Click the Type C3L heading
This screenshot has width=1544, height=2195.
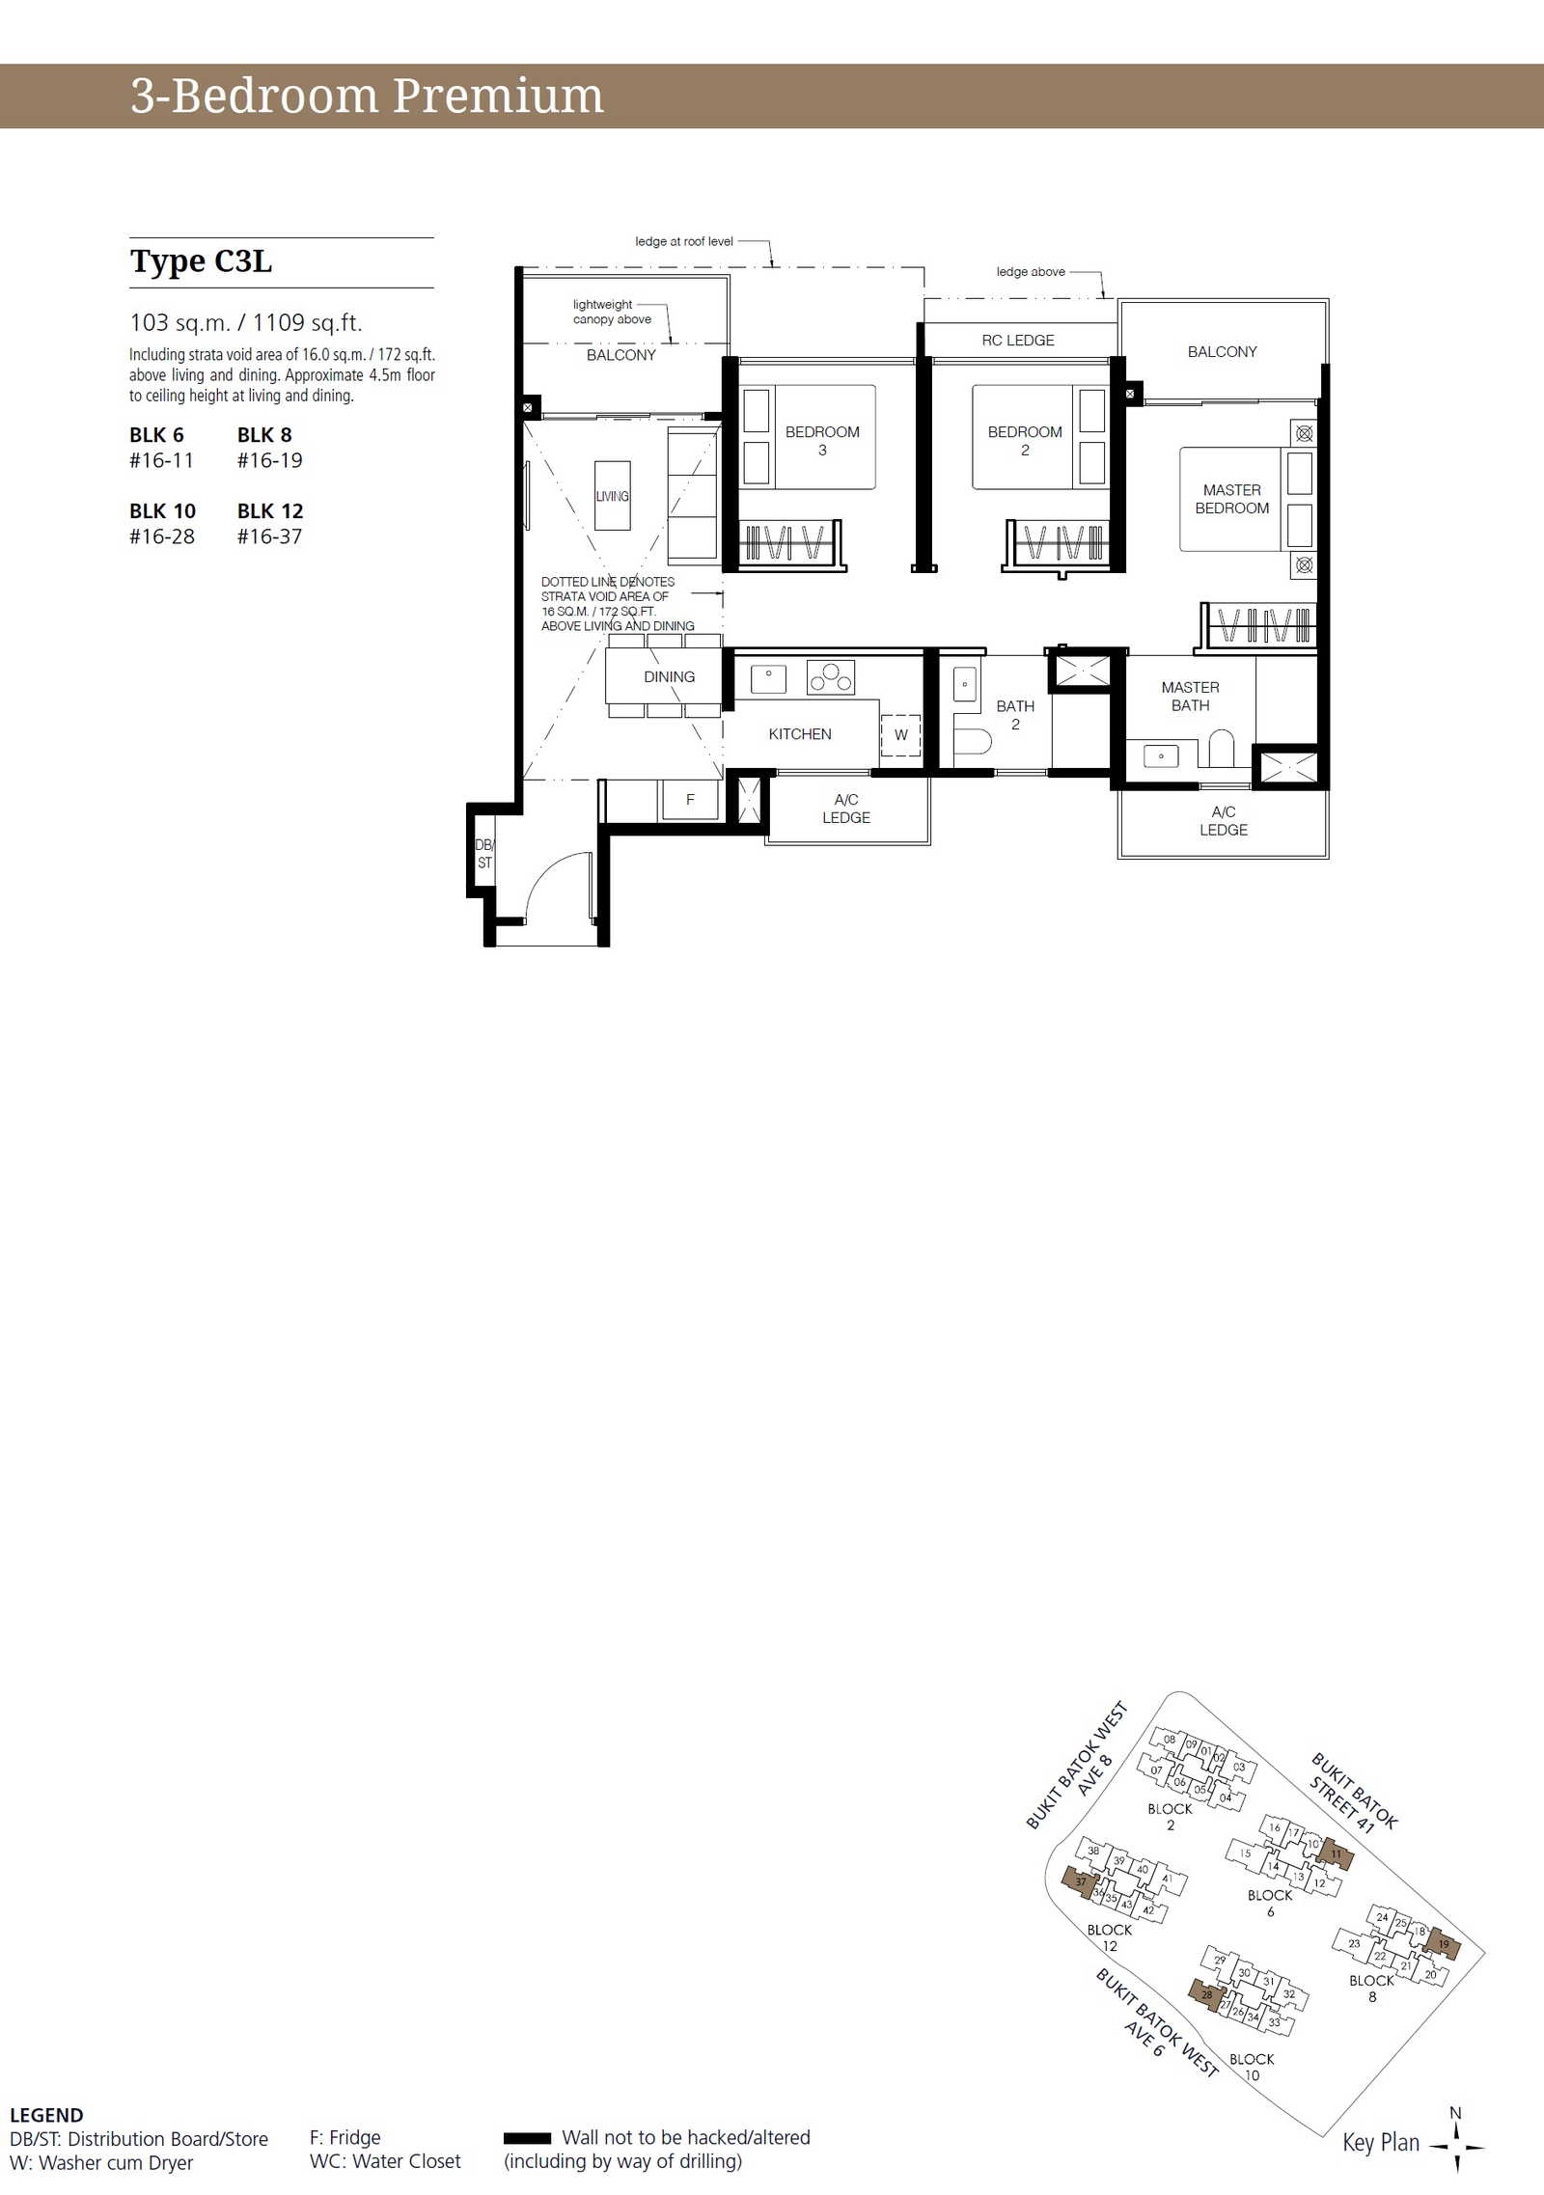pyautogui.click(x=201, y=261)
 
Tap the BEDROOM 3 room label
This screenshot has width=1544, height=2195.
pyautogui.click(x=822, y=441)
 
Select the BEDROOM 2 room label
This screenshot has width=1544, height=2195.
pyautogui.click(x=1025, y=441)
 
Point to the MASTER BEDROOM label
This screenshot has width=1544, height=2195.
pyautogui.click(x=1232, y=499)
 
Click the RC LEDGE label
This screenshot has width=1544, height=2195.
pyautogui.click(x=1018, y=341)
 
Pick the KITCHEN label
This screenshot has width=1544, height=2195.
pyautogui.click(x=800, y=734)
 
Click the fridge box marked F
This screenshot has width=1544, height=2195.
pyautogui.click(x=689, y=800)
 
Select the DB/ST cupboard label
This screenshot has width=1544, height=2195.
pyautogui.click(x=484, y=854)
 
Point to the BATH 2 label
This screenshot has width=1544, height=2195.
pyautogui.click(x=1015, y=715)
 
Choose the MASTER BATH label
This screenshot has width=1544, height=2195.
pyautogui.click(x=1191, y=696)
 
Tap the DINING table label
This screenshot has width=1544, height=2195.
pyautogui.click(x=670, y=677)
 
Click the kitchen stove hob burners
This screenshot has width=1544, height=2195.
pyautogui.click(x=831, y=677)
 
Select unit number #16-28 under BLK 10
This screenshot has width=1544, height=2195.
pyautogui.click(x=162, y=536)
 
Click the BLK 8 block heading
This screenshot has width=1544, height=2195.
pyautogui.click(x=264, y=435)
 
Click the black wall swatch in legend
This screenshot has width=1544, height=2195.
pyautogui.click(x=527, y=2138)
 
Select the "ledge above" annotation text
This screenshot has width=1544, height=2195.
pyautogui.click(x=1031, y=272)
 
